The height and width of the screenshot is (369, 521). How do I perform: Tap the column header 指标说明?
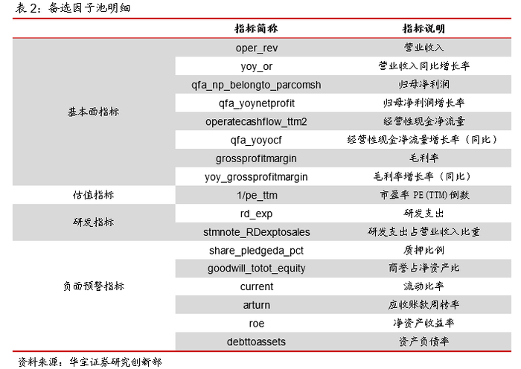tap(423, 29)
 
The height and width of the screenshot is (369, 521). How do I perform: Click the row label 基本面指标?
tap(93, 112)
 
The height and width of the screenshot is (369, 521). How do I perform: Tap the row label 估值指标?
tap(93, 195)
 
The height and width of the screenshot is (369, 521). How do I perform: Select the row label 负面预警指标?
tap(93, 286)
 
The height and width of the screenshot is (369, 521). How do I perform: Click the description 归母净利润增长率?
tap(423, 103)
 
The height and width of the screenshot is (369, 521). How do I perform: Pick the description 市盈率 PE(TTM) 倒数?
tap(423, 195)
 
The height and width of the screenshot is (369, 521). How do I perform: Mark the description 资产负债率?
tap(423, 341)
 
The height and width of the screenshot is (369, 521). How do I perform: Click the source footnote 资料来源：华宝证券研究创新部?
tap(89, 362)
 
